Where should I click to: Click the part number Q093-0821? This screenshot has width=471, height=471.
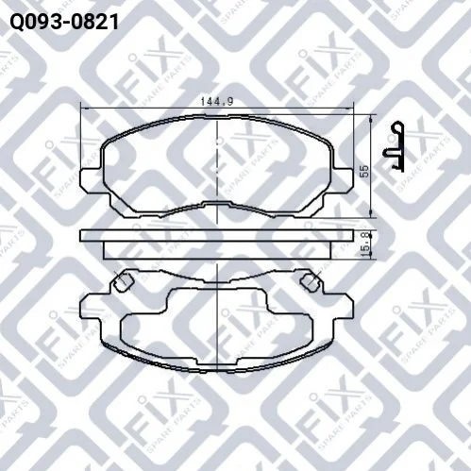(x=64, y=22)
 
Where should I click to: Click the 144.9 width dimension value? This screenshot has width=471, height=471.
(x=217, y=101)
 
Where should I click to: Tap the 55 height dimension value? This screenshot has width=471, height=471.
(x=364, y=171)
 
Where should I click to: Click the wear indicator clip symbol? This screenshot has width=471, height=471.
(x=394, y=147)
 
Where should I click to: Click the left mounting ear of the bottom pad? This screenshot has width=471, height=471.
(x=92, y=305)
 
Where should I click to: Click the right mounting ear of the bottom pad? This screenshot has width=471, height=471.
(x=343, y=305)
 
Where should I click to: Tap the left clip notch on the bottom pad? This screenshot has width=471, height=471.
(x=124, y=281)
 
